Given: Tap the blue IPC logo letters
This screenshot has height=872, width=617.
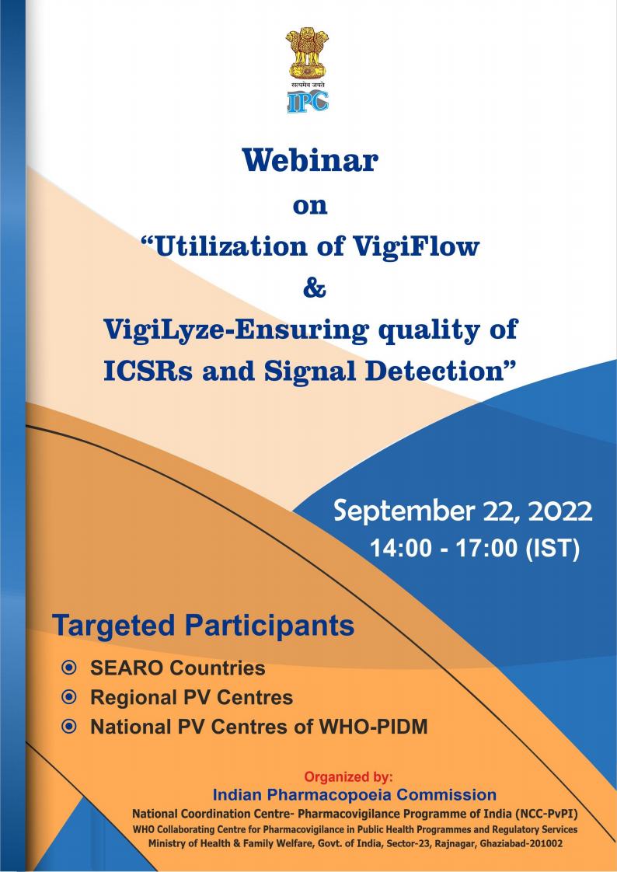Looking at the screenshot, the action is [x=308, y=102].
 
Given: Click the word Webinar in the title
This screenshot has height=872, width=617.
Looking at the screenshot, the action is [x=310, y=161].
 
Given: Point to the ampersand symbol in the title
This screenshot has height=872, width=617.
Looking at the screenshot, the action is [x=314, y=289].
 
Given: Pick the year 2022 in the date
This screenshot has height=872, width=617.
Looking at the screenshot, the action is [x=559, y=511].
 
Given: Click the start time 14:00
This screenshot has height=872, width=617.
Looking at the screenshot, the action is [x=401, y=549].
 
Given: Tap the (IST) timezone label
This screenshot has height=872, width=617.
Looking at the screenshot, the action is [x=552, y=549].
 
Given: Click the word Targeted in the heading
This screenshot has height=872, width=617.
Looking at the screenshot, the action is [x=113, y=626].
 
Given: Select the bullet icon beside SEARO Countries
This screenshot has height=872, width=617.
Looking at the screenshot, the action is [x=69, y=668].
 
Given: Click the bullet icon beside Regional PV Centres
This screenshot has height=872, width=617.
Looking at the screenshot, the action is [x=69, y=697].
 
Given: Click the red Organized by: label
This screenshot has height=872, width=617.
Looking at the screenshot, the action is [x=349, y=777].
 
